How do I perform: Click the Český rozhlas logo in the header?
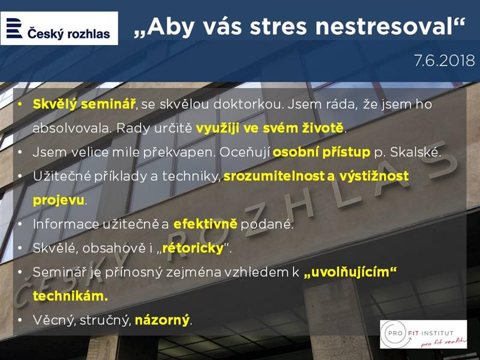pos(59,28)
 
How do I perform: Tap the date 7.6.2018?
pos(445,61)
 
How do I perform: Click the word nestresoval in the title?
pos(383,26)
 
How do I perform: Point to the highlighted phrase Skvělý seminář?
pos(83,104)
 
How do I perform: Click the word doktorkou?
pos(247,104)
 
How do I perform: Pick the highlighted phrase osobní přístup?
pos(322,152)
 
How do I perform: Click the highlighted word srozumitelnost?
pos(274,176)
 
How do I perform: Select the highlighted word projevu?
pos(58,200)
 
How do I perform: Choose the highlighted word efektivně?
pos(205,224)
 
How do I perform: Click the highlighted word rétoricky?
pos(193,248)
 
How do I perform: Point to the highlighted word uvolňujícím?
pos(350,272)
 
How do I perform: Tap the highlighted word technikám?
pos(70,296)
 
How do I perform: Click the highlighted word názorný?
pos(162,320)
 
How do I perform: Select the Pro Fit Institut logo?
pos(424,334)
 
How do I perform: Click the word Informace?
pos(66,224)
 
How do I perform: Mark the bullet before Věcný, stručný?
pos(20,320)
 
